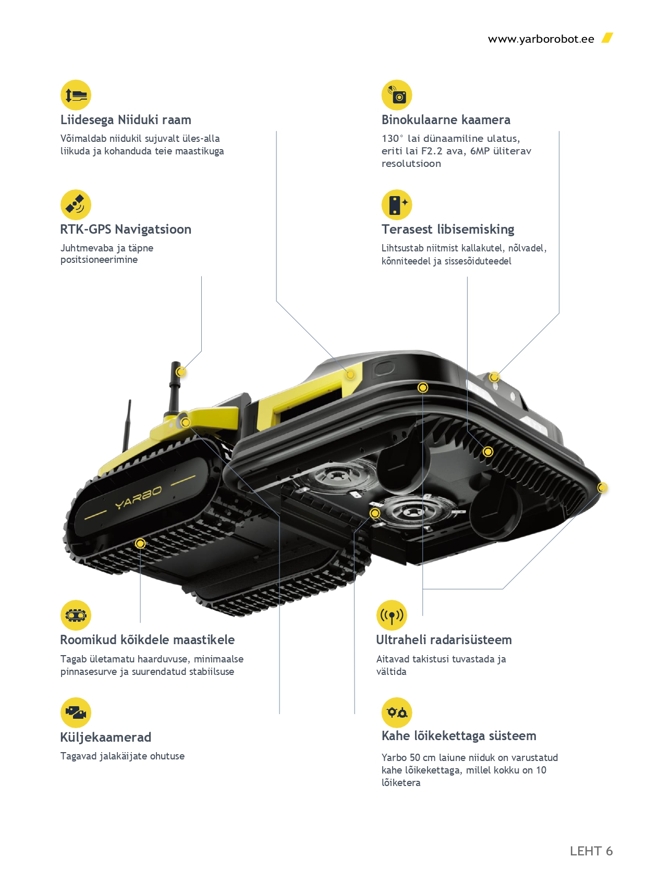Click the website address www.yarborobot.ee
(x=541, y=39)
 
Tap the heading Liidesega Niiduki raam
(x=126, y=120)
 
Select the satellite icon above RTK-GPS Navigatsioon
(x=76, y=204)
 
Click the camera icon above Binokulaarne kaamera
(x=397, y=95)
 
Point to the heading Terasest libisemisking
(x=447, y=229)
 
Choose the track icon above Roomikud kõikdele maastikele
(x=76, y=615)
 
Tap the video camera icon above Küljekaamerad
(x=76, y=712)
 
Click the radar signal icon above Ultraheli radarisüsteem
(x=392, y=615)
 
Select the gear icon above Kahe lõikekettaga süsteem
(x=397, y=712)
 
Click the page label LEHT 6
(x=591, y=851)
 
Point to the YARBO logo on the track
(x=138, y=498)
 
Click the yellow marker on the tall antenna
(x=180, y=372)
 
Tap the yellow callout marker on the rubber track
(x=140, y=543)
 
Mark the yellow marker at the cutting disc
(x=375, y=513)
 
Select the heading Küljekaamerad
(x=106, y=738)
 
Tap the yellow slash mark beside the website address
(x=607, y=38)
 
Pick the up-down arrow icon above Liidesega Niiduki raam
(x=76, y=95)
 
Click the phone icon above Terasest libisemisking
(x=397, y=204)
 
